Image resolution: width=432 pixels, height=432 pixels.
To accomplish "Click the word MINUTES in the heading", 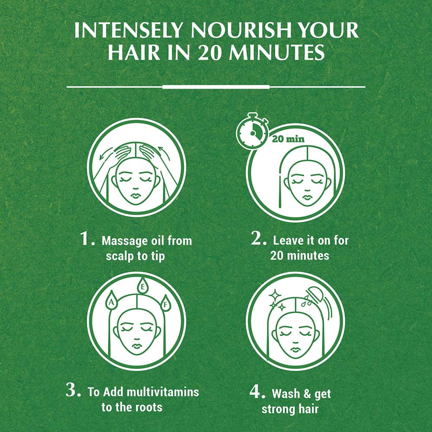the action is coord(276,52).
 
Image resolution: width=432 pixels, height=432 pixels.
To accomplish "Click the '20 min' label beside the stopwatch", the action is coord(288,139).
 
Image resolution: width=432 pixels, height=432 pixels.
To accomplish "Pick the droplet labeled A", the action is coord(111,300).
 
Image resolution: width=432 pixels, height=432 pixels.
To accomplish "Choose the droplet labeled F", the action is coord(165,303).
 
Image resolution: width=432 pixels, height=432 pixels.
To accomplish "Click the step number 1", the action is coord(87,238).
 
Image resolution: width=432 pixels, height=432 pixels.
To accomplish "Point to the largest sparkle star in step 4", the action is coord(275,295).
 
